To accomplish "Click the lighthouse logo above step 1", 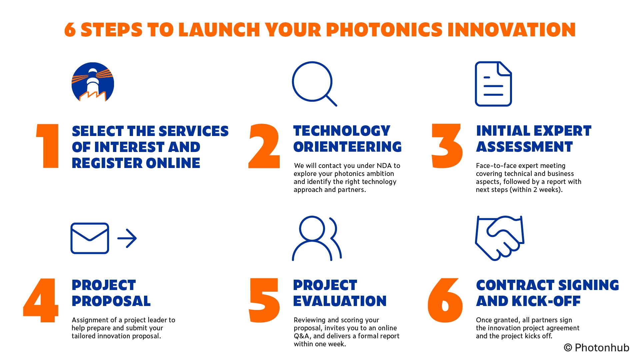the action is click(x=93, y=82).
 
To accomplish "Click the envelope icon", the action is click(x=90, y=238).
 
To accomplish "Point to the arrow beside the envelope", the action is click(x=127, y=238).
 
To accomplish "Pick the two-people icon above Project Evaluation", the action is click(x=317, y=238).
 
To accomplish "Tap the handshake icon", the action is click(x=499, y=238).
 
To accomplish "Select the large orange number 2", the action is click(x=264, y=146).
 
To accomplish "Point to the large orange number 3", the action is click(x=447, y=146).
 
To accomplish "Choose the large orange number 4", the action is click(x=41, y=300).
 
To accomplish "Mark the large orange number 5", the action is click(x=264, y=300).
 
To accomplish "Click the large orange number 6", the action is click(x=445, y=300).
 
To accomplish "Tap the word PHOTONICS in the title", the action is click(x=384, y=30).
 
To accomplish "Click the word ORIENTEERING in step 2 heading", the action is click(x=347, y=147).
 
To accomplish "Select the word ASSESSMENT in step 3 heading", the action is click(x=524, y=147).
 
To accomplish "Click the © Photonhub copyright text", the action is click(x=596, y=348).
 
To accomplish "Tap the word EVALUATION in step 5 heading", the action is click(x=340, y=301).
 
